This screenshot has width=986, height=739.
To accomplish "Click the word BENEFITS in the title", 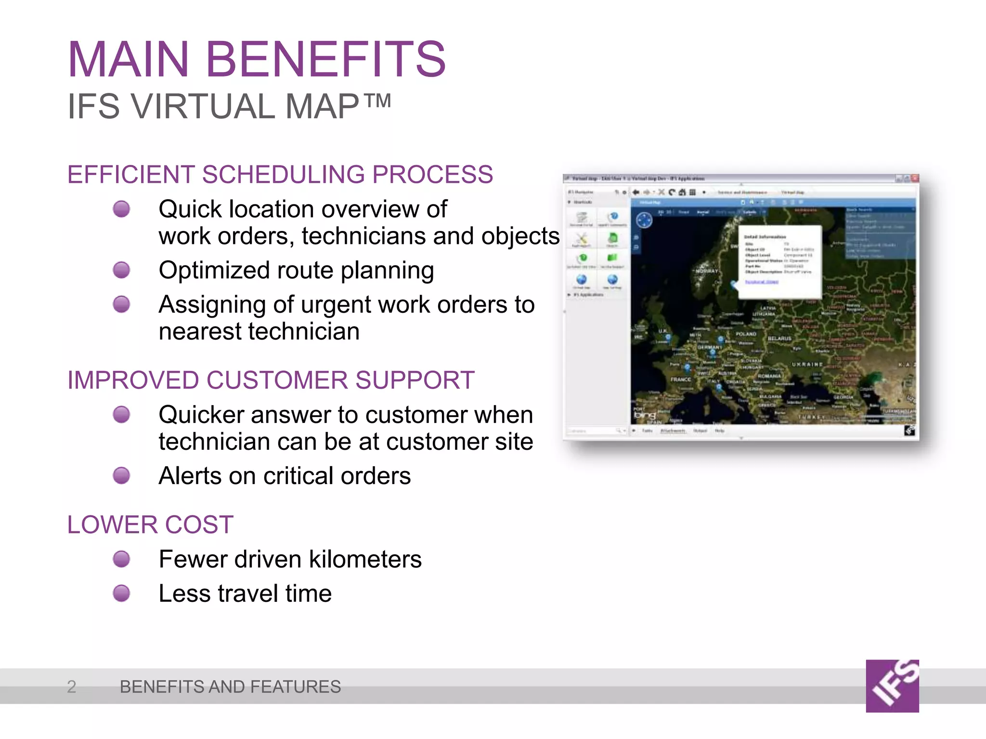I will (x=326, y=60).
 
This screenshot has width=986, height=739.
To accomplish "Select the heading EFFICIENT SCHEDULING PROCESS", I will (x=280, y=174).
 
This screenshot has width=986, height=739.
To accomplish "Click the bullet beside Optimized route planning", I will (x=121, y=270).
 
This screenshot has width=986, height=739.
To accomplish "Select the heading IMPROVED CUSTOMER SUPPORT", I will (x=271, y=380).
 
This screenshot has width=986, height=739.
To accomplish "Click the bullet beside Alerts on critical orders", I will (x=121, y=475).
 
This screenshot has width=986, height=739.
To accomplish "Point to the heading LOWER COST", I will (x=150, y=524).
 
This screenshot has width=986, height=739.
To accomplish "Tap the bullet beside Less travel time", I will (x=121, y=593).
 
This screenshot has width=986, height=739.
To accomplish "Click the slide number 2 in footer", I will (x=71, y=687).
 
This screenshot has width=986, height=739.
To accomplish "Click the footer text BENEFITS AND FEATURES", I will (x=230, y=687).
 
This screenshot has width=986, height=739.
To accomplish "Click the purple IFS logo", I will (x=892, y=686).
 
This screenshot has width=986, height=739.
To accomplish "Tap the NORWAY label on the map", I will (x=706, y=271).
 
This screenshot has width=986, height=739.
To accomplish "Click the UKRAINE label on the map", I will (x=807, y=364).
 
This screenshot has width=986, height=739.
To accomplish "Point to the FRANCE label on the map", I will (x=681, y=380).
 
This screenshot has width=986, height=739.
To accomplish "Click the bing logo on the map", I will (x=644, y=415).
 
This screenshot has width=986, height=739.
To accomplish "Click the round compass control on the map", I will (x=644, y=220).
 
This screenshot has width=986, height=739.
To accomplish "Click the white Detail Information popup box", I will (x=779, y=262).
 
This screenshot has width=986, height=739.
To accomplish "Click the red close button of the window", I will (x=915, y=178).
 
